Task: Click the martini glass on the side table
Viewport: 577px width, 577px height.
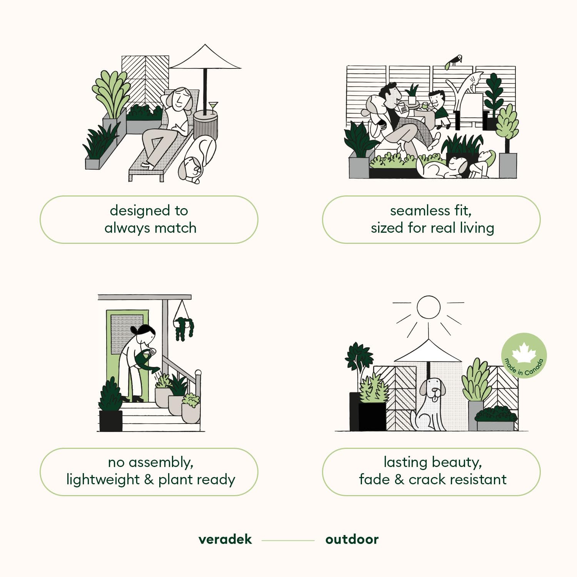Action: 213,107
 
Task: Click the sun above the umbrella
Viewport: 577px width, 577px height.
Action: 428,307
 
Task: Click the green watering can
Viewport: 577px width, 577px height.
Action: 146,362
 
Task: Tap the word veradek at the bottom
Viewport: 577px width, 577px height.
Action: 225,539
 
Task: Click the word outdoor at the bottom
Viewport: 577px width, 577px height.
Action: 352,539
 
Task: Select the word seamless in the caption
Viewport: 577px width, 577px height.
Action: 420,211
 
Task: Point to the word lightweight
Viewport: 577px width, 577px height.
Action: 103,480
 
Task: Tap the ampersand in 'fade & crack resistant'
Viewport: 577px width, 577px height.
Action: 399,480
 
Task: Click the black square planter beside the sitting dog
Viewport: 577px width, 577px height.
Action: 372,416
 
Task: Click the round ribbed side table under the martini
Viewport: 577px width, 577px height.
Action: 205,125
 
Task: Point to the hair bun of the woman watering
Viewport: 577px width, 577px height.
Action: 134,330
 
